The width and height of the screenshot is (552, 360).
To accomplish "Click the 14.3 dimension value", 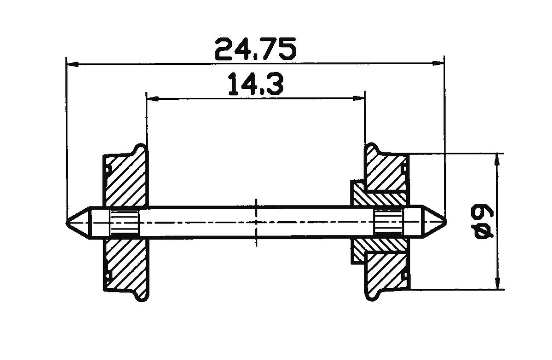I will pyautogui.click(x=255, y=85).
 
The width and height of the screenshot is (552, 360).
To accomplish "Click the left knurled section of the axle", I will pyautogui.click(x=125, y=223).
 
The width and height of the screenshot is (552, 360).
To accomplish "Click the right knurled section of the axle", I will pyautogui.click(x=388, y=223).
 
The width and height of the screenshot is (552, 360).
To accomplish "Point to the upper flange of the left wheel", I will pyautogui.click(x=141, y=152).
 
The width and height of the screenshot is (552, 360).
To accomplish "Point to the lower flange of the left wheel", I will pyautogui.click(x=141, y=295).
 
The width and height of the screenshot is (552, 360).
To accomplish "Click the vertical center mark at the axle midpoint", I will pyautogui.click(x=256, y=223).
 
